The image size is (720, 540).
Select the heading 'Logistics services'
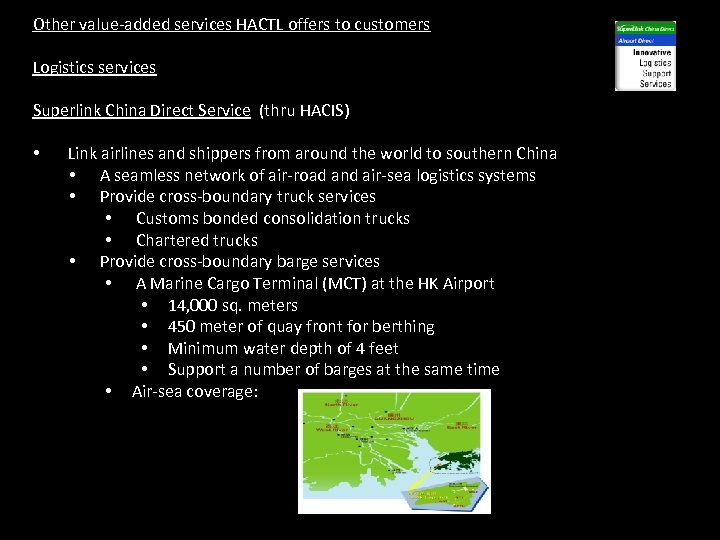94,67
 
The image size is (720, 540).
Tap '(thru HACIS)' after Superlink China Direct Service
304,110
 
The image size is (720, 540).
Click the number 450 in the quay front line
181,326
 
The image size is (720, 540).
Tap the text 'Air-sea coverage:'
195,391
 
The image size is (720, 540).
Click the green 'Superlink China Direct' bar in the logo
645,29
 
